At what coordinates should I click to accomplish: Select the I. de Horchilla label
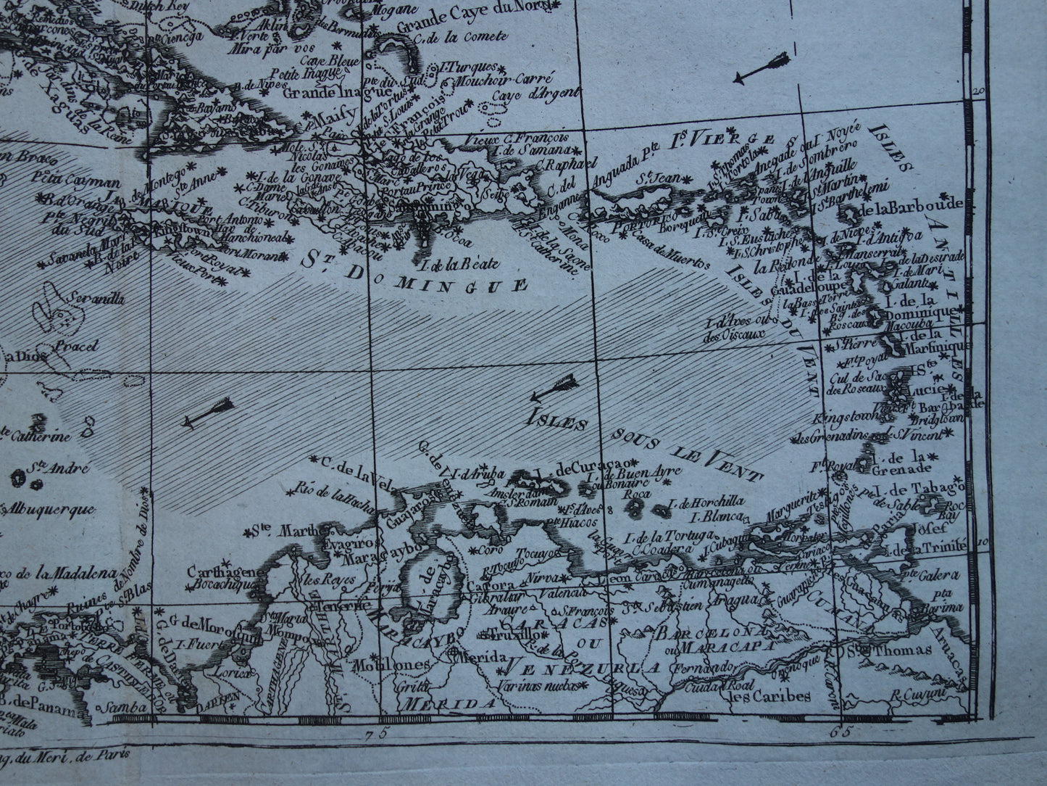pyautogui.click(x=706, y=502)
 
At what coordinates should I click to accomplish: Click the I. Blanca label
pyautogui.click(x=717, y=516)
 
